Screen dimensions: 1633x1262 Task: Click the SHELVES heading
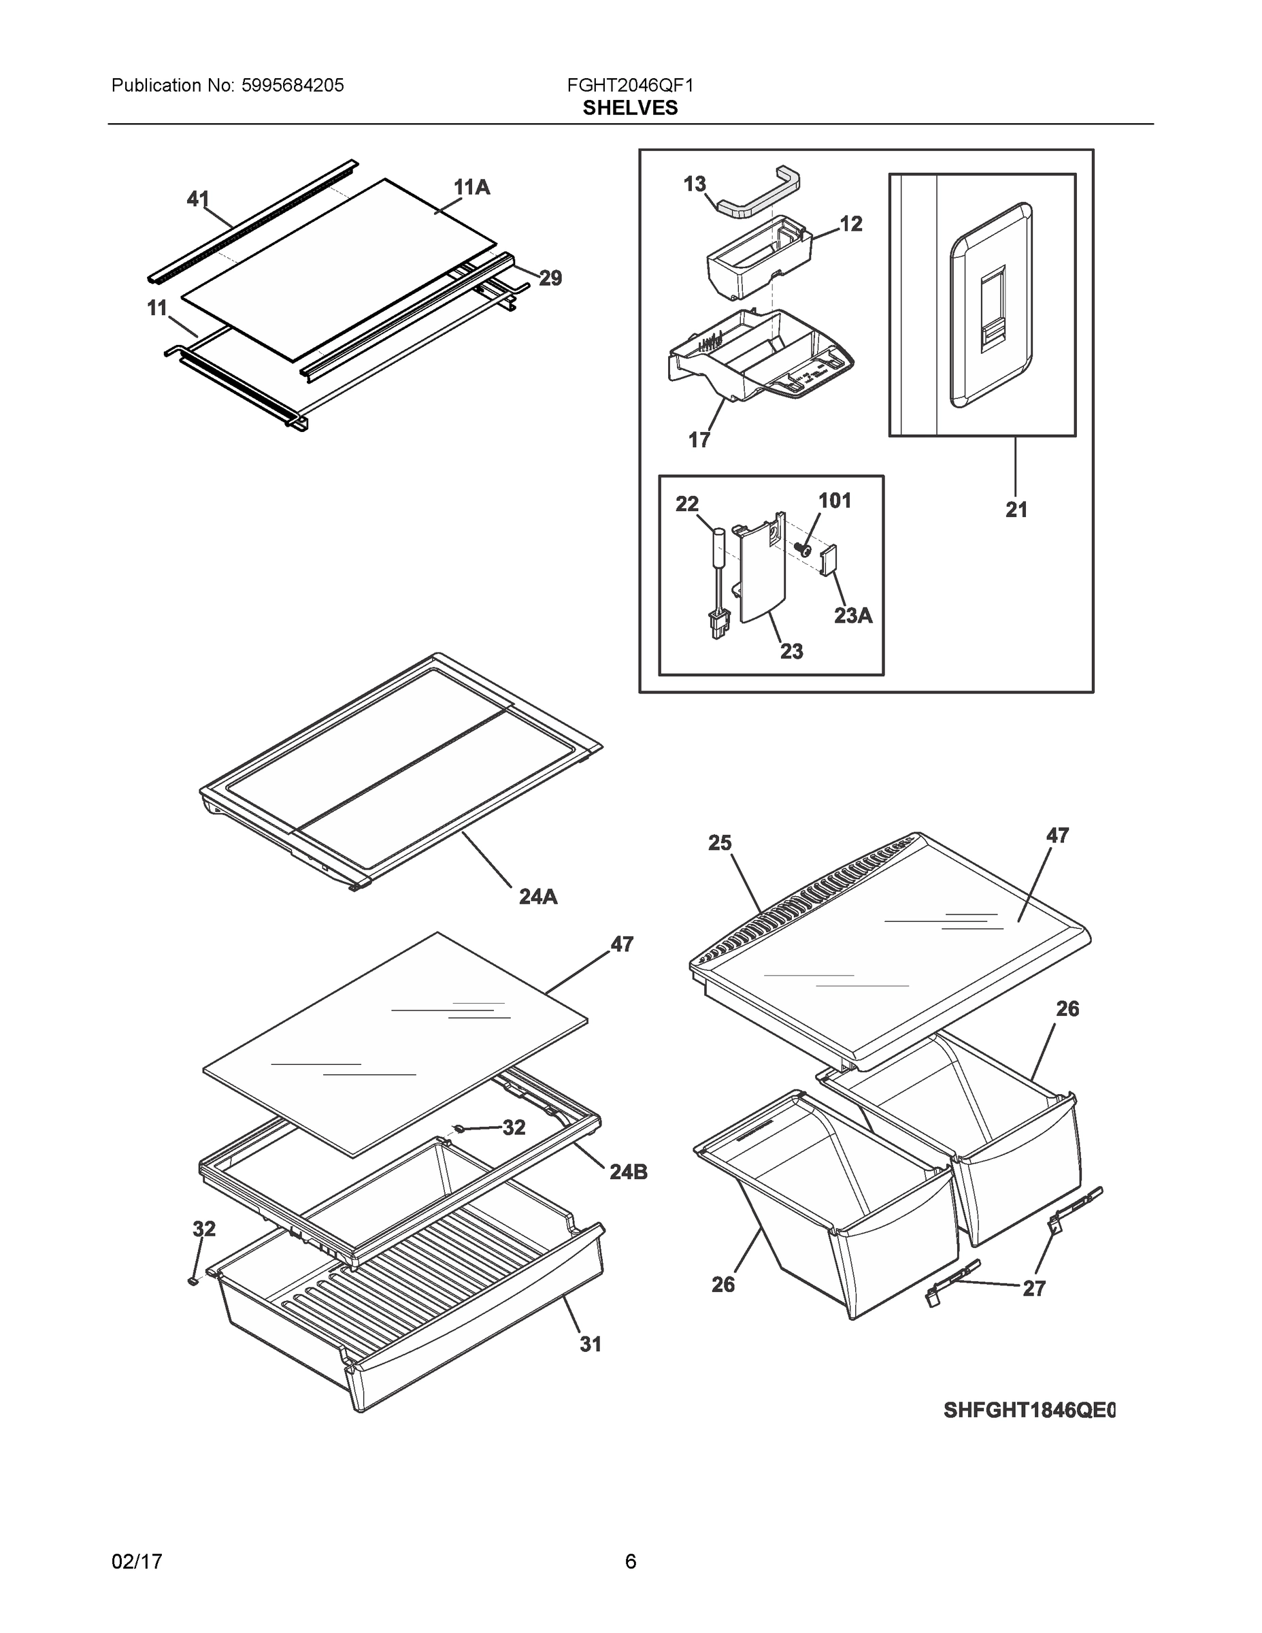coord(629,108)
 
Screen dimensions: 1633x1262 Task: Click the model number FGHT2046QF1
coord(629,85)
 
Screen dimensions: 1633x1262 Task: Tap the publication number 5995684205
coord(293,85)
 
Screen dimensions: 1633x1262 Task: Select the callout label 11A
coord(471,188)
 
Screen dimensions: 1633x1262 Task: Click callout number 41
coord(197,199)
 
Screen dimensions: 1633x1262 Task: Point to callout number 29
coord(550,279)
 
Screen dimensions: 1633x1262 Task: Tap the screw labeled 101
coord(803,550)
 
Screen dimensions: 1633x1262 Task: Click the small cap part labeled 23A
coord(831,561)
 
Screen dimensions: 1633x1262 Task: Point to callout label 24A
coord(538,897)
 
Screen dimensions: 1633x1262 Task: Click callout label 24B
coord(628,1172)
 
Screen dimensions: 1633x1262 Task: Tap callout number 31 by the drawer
coord(591,1345)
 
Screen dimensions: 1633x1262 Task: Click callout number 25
coord(719,844)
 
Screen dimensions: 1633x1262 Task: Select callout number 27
coord(1033,1288)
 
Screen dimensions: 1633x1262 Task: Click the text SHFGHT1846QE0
coord(1029,1411)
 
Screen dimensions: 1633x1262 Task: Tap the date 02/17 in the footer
coord(137,1562)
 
